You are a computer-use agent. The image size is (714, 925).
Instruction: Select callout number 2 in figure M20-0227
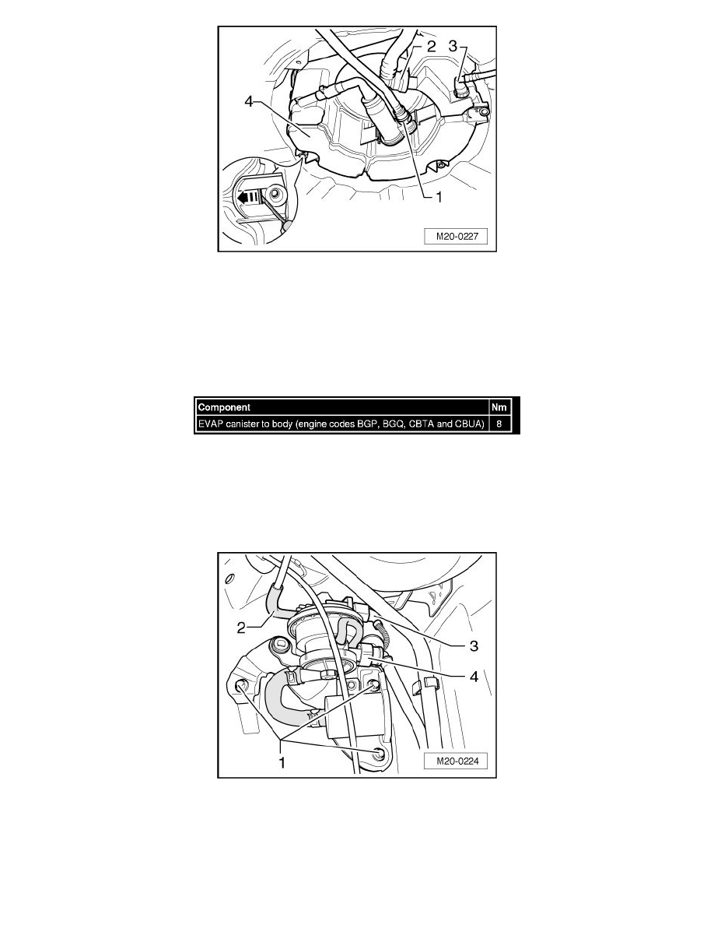[x=430, y=47]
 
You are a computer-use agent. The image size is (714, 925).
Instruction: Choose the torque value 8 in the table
[x=499, y=424]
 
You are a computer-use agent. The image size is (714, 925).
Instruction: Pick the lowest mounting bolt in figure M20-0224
[x=378, y=752]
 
